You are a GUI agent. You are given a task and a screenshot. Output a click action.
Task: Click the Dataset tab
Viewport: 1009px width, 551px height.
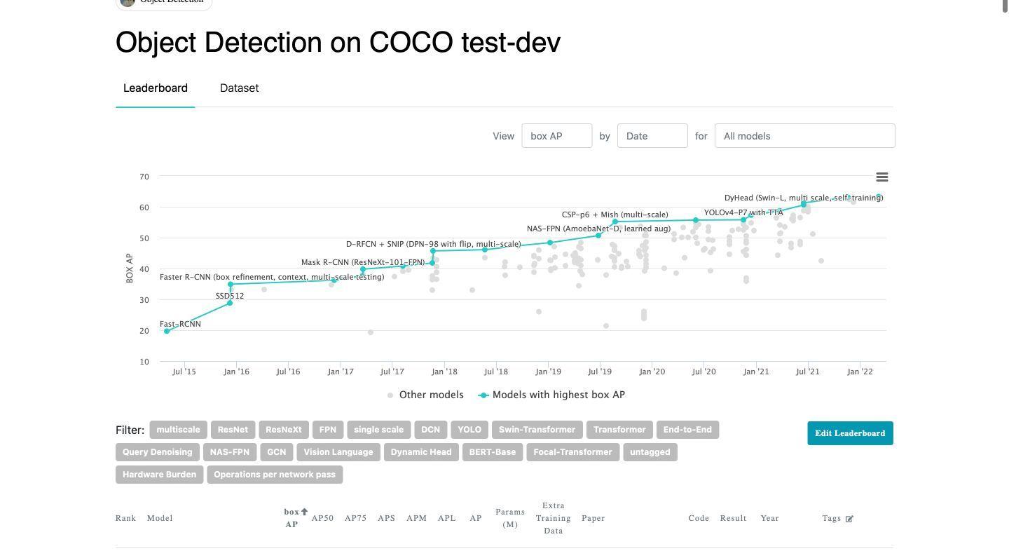(239, 88)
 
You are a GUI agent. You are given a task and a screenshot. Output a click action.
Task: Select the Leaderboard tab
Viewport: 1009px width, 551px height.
(155, 88)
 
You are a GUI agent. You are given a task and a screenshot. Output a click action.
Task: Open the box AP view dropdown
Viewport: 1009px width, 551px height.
(556, 136)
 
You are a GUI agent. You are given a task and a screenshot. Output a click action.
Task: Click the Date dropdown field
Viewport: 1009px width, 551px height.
(652, 136)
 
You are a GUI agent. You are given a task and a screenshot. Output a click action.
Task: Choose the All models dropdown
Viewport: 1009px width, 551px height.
(804, 136)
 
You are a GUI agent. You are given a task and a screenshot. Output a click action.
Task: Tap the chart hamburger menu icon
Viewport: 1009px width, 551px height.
(882, 177)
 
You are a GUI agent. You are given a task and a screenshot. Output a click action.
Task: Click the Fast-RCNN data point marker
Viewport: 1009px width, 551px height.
(167, 332)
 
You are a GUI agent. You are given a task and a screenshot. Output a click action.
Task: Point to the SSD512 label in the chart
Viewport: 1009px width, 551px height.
(230, 297)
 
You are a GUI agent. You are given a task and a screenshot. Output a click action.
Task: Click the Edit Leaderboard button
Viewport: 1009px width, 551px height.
(850, 433)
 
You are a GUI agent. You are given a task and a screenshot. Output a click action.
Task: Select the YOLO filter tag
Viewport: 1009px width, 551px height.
(469, 430)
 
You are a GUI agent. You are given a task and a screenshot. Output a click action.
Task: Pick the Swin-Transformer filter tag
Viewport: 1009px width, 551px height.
(537, 430)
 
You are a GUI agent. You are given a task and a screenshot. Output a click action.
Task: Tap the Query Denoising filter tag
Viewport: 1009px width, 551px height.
(157, 452)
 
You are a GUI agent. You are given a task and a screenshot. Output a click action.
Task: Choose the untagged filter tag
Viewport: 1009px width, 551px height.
(650, 452)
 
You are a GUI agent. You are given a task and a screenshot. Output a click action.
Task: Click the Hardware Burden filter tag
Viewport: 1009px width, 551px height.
(159, 475)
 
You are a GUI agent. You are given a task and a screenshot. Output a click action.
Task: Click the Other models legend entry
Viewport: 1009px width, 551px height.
(425, 395)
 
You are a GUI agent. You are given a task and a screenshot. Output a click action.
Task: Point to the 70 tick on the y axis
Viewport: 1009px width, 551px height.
(144, 177)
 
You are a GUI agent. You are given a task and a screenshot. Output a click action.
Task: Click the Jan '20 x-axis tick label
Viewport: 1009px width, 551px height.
(652, 372)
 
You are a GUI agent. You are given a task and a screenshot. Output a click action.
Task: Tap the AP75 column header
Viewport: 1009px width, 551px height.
(355, 519)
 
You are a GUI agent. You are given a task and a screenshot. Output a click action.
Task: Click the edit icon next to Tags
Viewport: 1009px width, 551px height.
(849, 519)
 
